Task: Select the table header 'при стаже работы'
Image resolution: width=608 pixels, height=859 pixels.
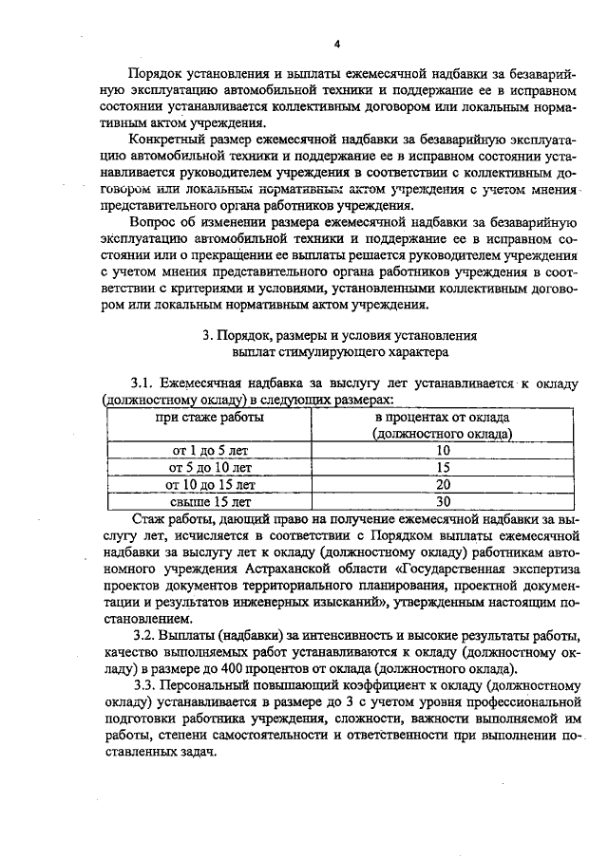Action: [211, 418]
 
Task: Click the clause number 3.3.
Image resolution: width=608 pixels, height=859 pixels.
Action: [143, 685]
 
